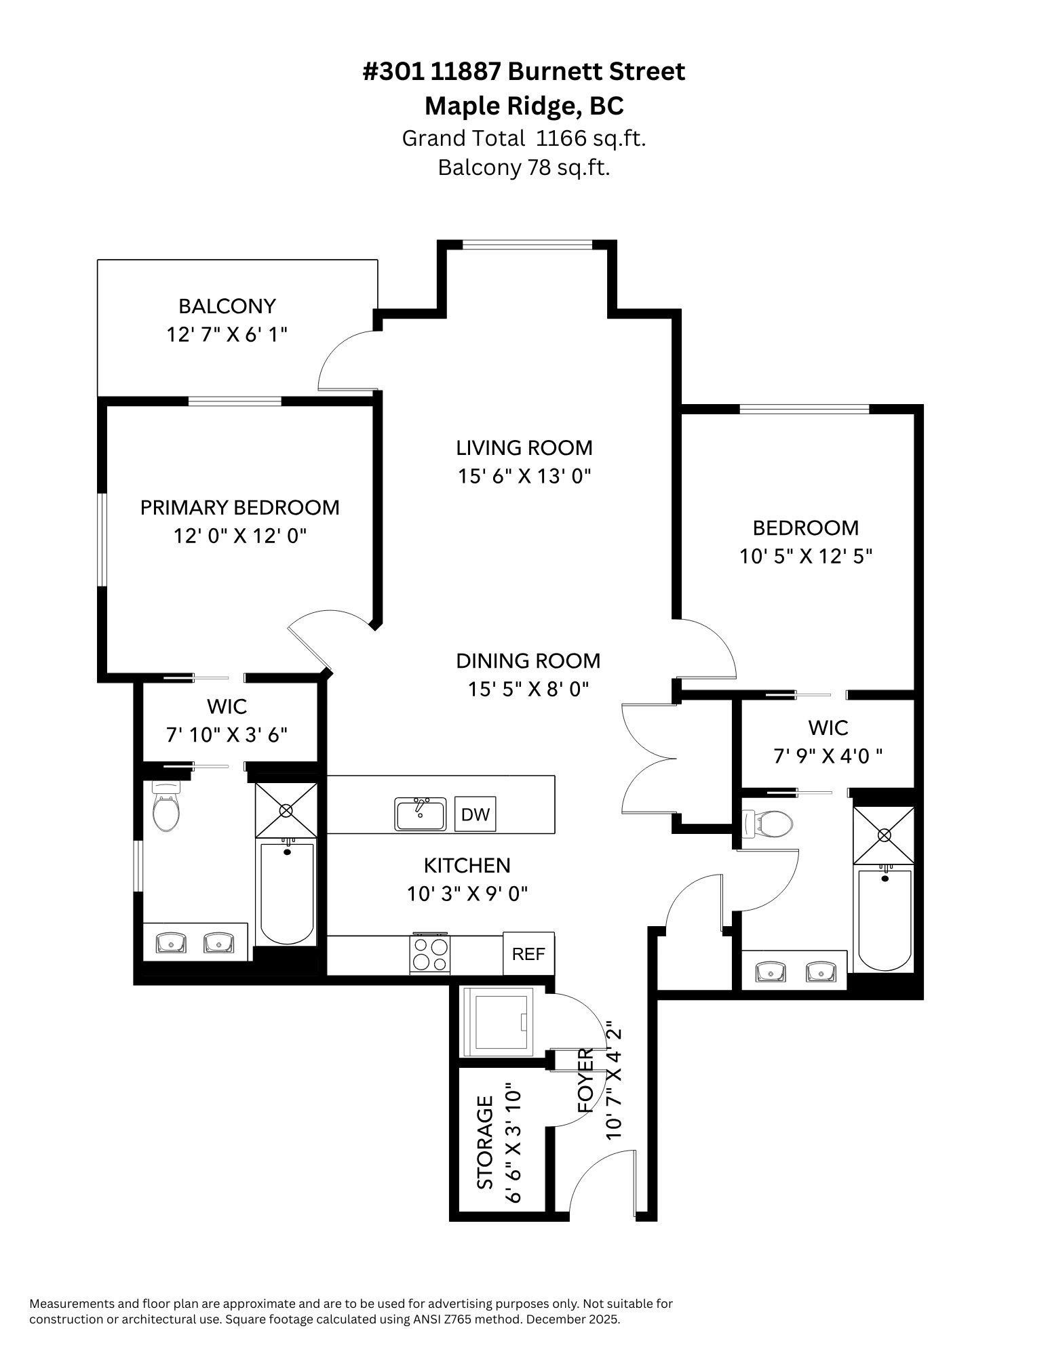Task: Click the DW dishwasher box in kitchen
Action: click(x=475, y=814)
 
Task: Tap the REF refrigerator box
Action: click(x=528, y=954)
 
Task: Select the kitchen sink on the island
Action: click(x=421, y=814)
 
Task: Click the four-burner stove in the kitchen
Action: click(x=431, y=954)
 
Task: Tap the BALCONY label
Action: click(x=227, y=306)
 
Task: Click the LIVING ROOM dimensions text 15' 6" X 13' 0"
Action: click(x=524, y=477)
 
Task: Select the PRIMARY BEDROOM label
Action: click(x=239, y=508)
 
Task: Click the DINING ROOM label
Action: click(x=528, y=661)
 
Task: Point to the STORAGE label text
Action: click(x=486, y=1142)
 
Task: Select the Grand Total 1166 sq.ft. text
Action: click(x=524, y=138)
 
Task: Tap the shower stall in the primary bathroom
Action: click(x=286, y=810)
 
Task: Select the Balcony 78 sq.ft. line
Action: click(x=524, y=167)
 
